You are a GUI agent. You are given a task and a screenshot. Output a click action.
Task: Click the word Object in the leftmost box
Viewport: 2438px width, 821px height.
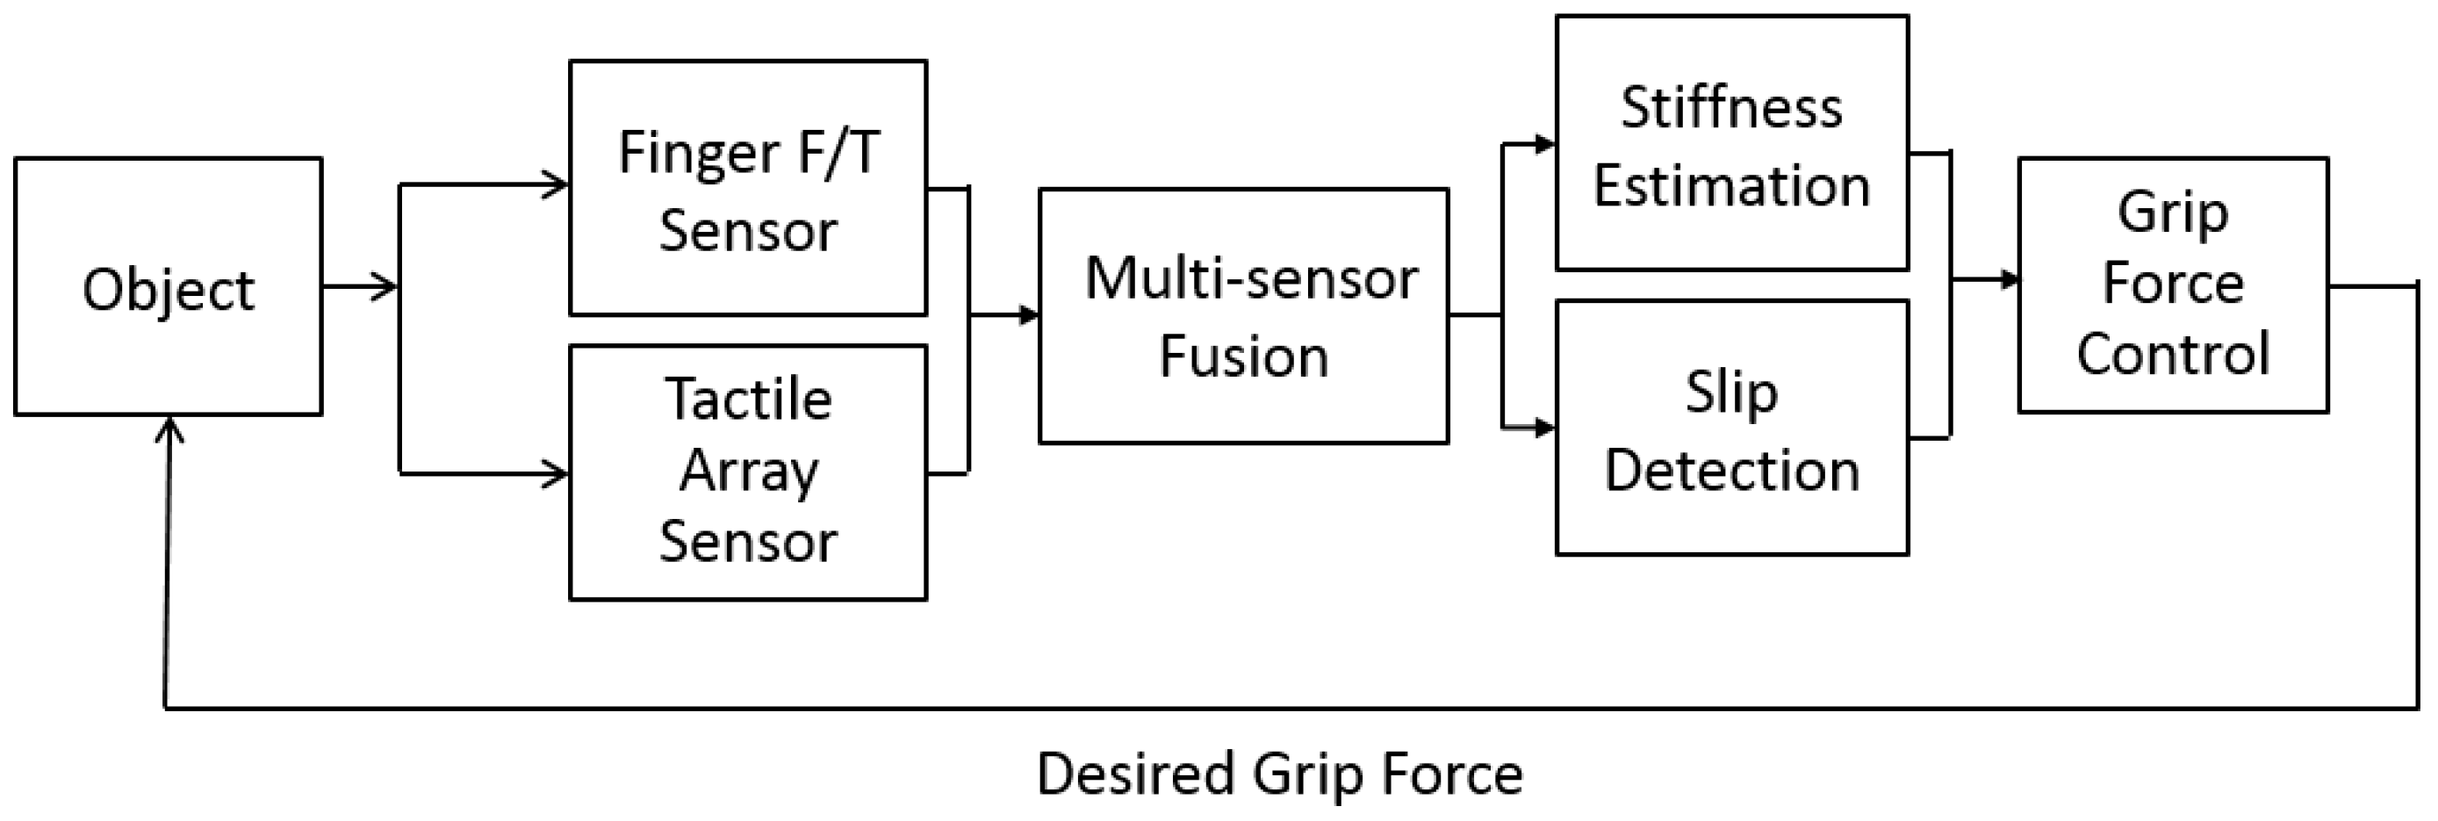point(169,290)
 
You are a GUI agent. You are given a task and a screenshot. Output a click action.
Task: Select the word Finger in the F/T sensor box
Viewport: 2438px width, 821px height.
point(698,154)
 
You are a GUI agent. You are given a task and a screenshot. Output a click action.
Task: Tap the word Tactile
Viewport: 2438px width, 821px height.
point(748,399)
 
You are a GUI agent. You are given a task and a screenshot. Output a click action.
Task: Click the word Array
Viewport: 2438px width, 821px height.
point(748,471)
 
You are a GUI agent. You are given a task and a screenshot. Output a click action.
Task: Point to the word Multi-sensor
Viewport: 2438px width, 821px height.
point(1250,279)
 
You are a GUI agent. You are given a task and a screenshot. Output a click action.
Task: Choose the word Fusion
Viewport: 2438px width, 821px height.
point(1244,357)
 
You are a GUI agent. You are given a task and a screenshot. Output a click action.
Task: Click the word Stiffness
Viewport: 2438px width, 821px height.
point(1731,107)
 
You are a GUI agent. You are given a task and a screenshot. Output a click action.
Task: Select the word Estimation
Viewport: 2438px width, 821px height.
point(1731,185)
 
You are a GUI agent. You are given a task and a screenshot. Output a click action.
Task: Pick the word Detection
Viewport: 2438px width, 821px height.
point(1731,471)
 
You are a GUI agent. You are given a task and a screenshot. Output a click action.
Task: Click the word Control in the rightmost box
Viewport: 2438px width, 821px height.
point(2173,354)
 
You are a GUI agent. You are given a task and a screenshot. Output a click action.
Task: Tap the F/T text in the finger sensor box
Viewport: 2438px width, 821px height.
point(838,154)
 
